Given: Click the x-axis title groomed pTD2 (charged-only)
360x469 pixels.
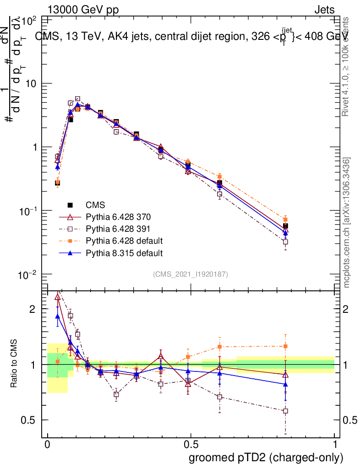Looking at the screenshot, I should [266, 458].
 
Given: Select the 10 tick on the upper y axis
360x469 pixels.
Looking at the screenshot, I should [31, 84].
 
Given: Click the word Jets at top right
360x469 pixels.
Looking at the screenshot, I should [324, 10].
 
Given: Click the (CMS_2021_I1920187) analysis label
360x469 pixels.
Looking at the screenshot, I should [191, 274].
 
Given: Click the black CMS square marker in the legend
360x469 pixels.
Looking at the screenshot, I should [71, 205].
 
